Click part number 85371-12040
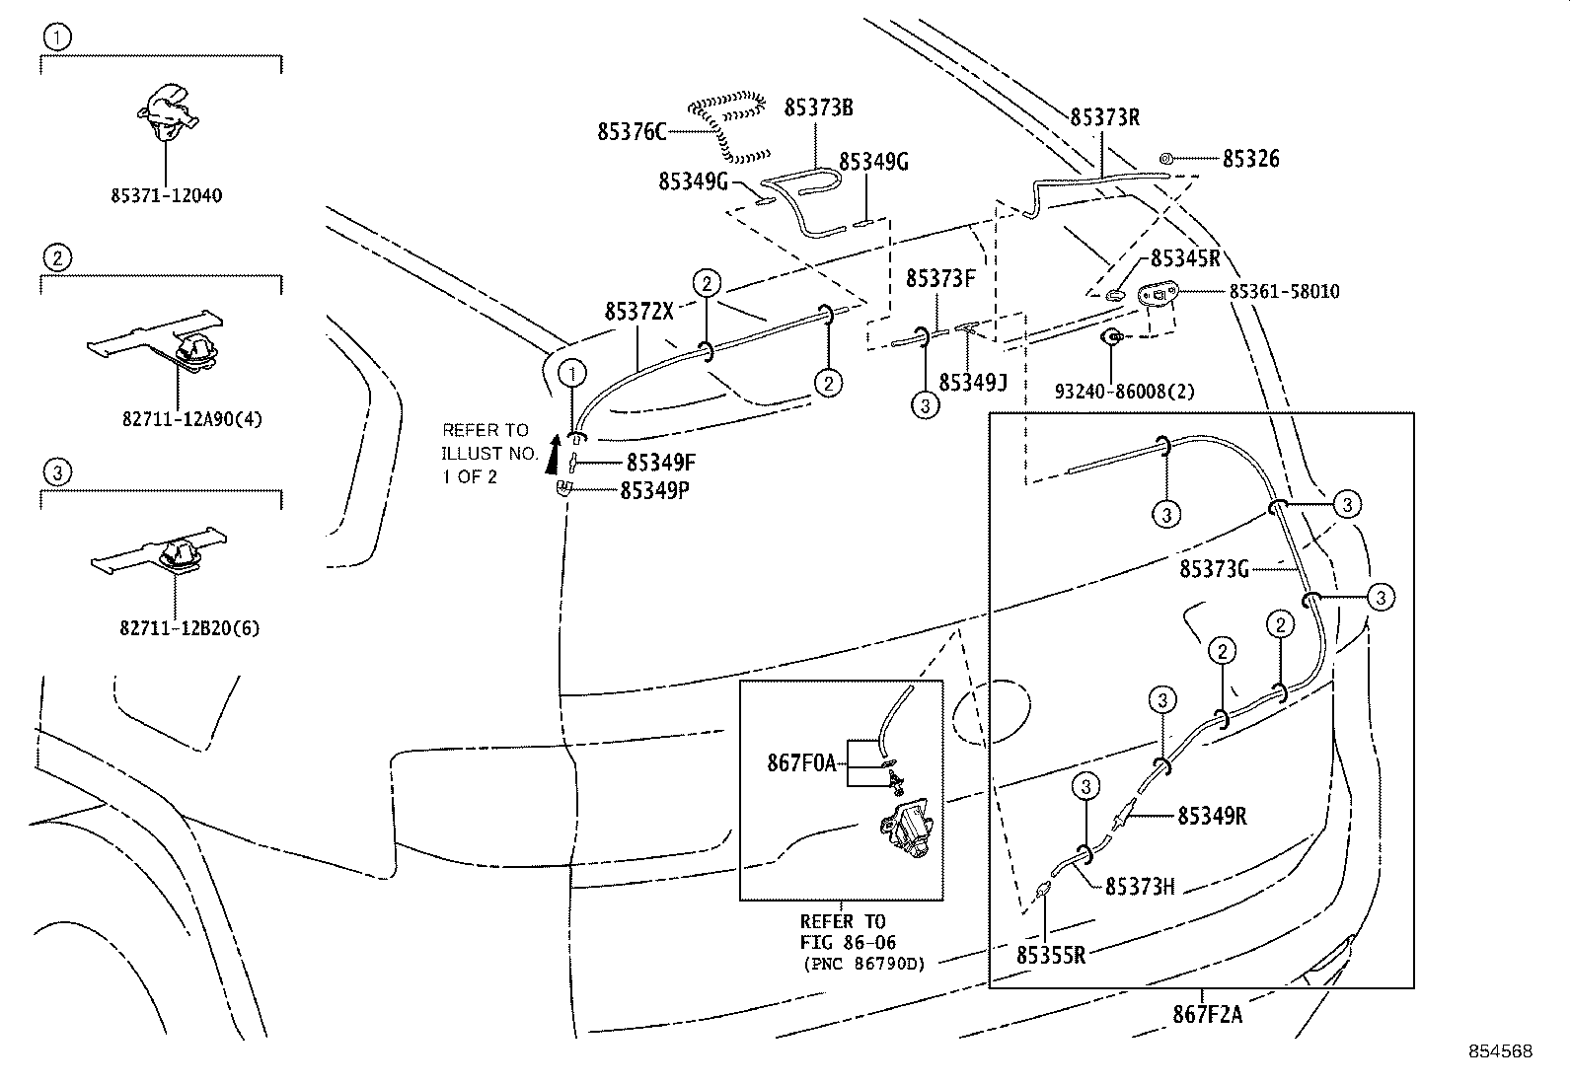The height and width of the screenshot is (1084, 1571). (166, 195)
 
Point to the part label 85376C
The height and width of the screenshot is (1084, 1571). (632, 131)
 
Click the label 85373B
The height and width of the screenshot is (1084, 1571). (818, 108)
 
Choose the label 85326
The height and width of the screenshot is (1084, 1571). (1250, 159)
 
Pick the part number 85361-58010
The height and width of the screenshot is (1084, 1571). (1284, 292)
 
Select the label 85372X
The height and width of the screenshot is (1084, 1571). (638, 312)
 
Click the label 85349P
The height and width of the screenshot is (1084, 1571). (654, 489)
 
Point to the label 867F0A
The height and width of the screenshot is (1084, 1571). (801, 762)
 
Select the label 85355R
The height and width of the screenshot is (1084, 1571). (1051, 955)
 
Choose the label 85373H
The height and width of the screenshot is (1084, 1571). (1139, 887)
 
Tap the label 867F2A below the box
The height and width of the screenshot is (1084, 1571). (1207, 1014)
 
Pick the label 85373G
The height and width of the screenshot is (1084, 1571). (1214, 570)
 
